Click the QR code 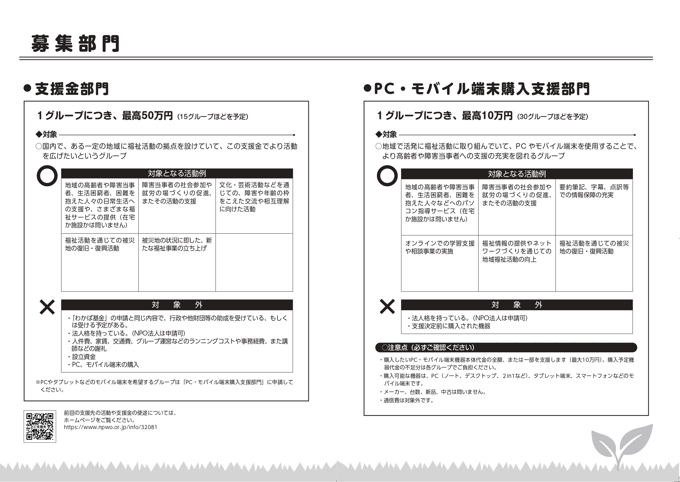coord(40,426)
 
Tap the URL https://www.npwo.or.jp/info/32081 coord(110,427)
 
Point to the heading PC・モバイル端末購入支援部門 coord(482,89)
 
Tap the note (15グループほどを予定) coord(213,117)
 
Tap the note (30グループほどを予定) coord(552,117)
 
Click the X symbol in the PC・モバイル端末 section coord(387,306)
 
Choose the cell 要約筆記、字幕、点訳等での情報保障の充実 coord(594,191)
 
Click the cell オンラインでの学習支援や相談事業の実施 coord(439,247)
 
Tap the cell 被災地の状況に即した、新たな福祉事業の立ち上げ coord(177,244)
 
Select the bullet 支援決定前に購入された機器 coord(451,326)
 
